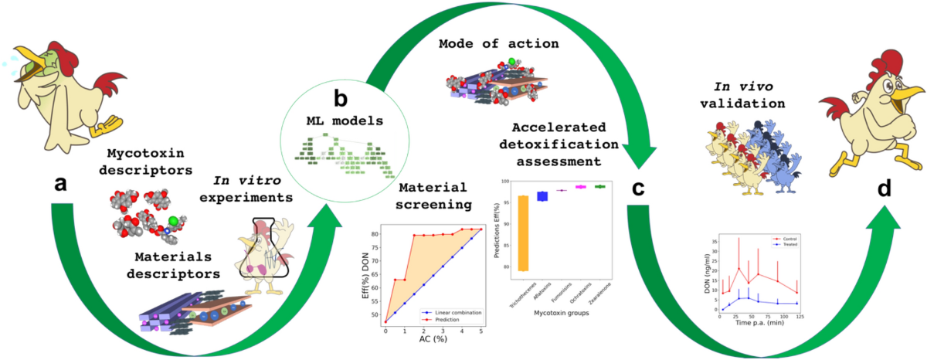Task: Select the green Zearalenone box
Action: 599,186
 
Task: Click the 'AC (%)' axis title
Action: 433,341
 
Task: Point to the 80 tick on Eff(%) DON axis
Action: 374,234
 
